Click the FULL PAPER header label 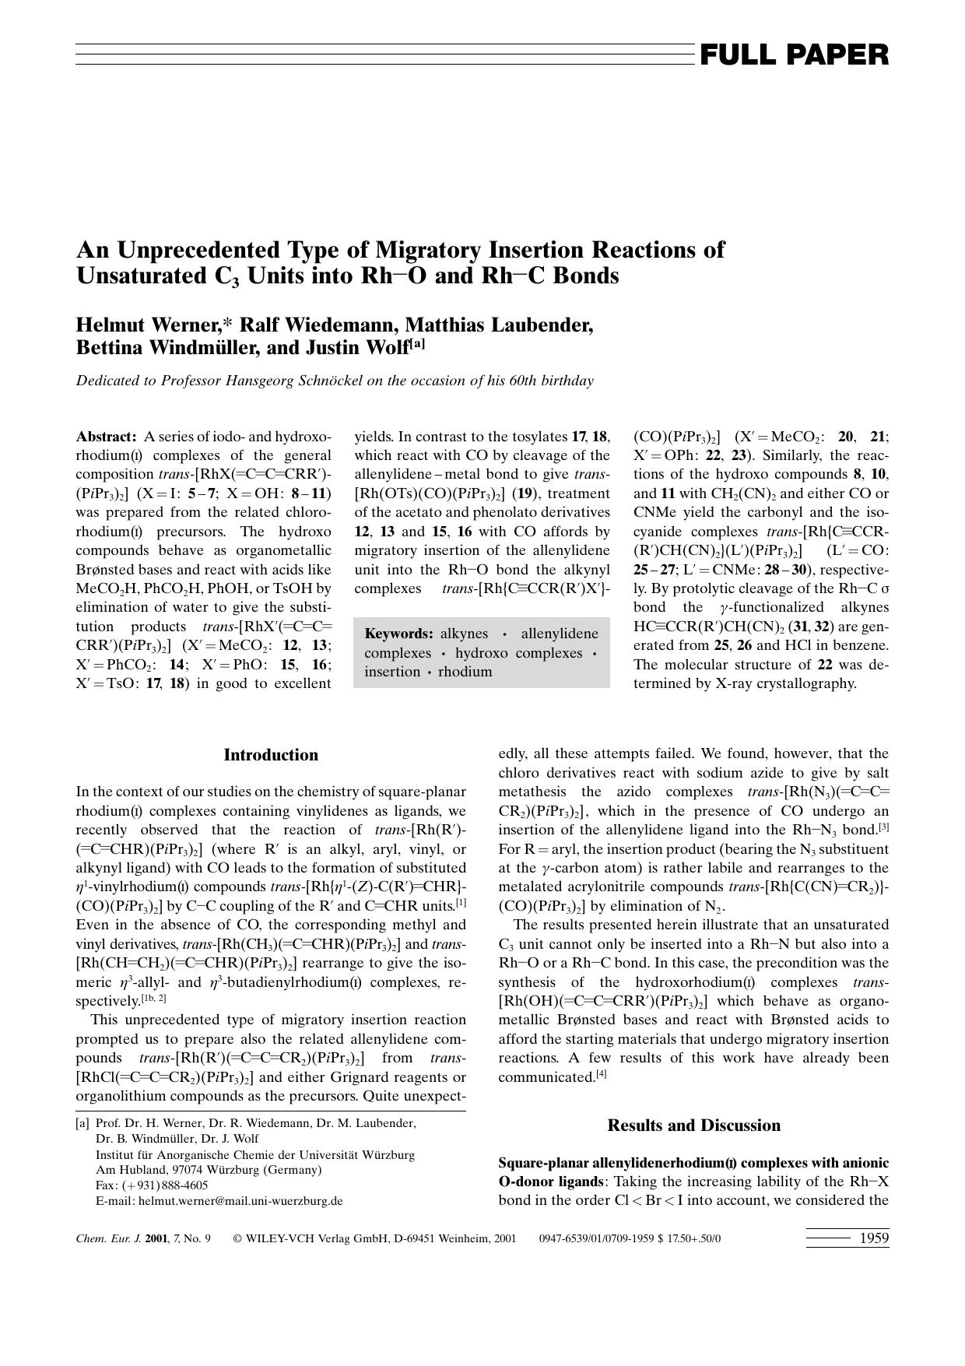point(794,55)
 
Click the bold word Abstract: point(106,437)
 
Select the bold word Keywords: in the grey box point(398,634)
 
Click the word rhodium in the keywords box point(465,672)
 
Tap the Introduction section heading point(271,755)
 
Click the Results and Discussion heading point(693,1125)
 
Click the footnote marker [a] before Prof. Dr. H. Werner point(82,1123)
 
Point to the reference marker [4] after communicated point(601,1075)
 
